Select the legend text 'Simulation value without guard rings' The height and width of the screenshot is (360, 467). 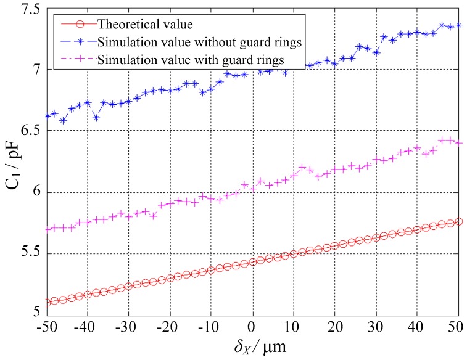[190, 42]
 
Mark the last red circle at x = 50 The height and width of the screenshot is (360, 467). [458, 221]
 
